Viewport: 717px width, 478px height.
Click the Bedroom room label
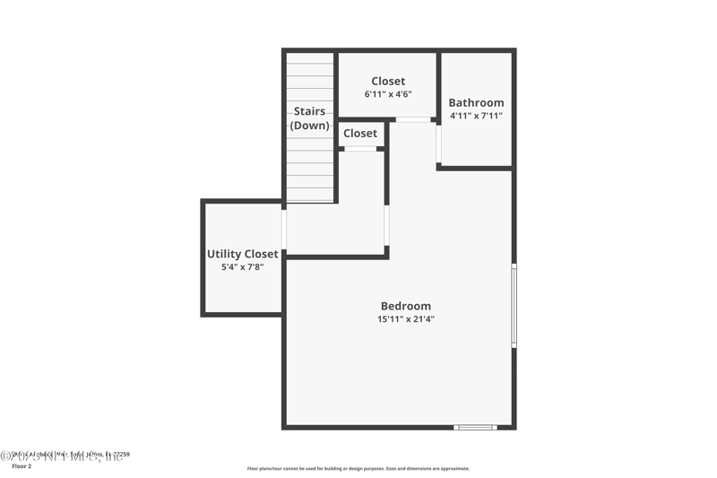405,306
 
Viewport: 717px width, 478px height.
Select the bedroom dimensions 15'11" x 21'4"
405,319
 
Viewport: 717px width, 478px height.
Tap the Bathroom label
476,103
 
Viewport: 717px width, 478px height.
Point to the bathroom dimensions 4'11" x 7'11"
476,116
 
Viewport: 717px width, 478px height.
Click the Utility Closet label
242,254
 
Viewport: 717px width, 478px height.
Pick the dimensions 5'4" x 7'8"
242,266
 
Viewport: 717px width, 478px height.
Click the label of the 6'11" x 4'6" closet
388,82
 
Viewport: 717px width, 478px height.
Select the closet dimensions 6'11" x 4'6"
388,94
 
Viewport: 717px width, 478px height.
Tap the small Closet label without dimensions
360,134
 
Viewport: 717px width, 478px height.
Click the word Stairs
309,111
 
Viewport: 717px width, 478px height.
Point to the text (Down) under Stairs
309,126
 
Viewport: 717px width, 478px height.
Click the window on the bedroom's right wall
514,305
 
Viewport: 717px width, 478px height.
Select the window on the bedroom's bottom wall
475,427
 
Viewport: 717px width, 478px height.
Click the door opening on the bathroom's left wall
438,143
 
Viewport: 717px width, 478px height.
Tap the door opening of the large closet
413,119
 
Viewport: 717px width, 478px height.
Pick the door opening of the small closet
360,149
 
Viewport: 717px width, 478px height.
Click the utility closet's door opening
283,230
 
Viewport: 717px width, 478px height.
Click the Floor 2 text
21,466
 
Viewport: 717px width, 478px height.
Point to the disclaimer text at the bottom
358,468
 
